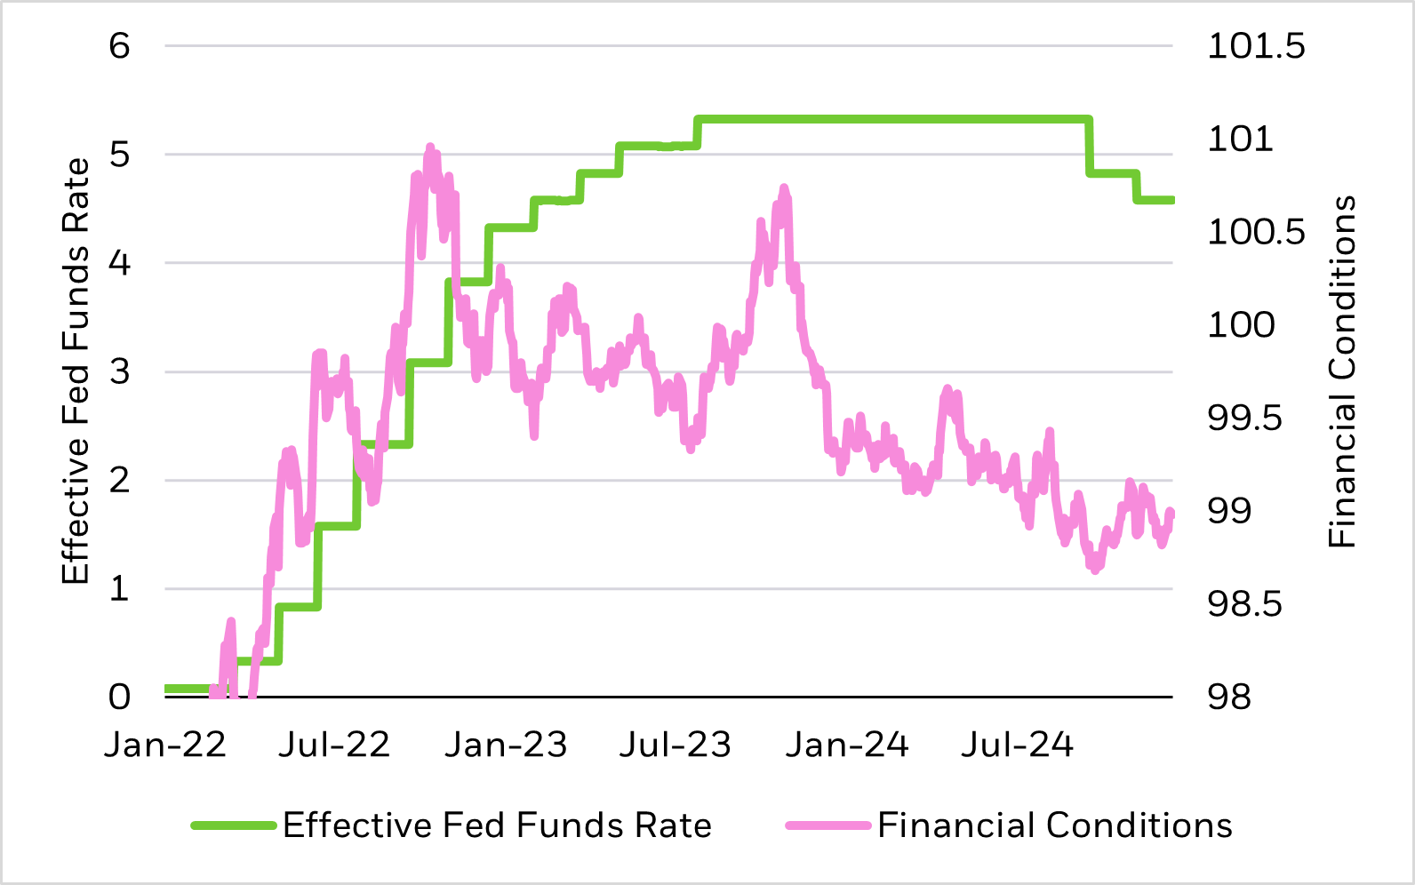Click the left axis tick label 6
click(119, 45)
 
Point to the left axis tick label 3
click(119, 371)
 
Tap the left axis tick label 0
click(119, 698)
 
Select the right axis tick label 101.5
click(1256, 45)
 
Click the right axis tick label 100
click(1241, 325)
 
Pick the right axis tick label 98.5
click(1244, 604)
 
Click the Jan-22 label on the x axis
click(165, 745)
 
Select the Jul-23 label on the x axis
click(675, 745)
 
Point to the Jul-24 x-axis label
click(1017, 745)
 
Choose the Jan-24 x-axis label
click(846, 745)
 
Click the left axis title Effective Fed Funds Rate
click(76, 371)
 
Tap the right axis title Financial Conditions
click(1341, 371)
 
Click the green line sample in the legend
click(233, 825)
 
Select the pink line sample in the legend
click(827, 825)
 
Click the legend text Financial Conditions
click(1055, 825)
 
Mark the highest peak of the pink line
click(430, 147)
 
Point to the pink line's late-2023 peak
click(784, 187)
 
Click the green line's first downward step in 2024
click(1090, 147)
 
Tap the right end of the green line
click(1171, 200)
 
